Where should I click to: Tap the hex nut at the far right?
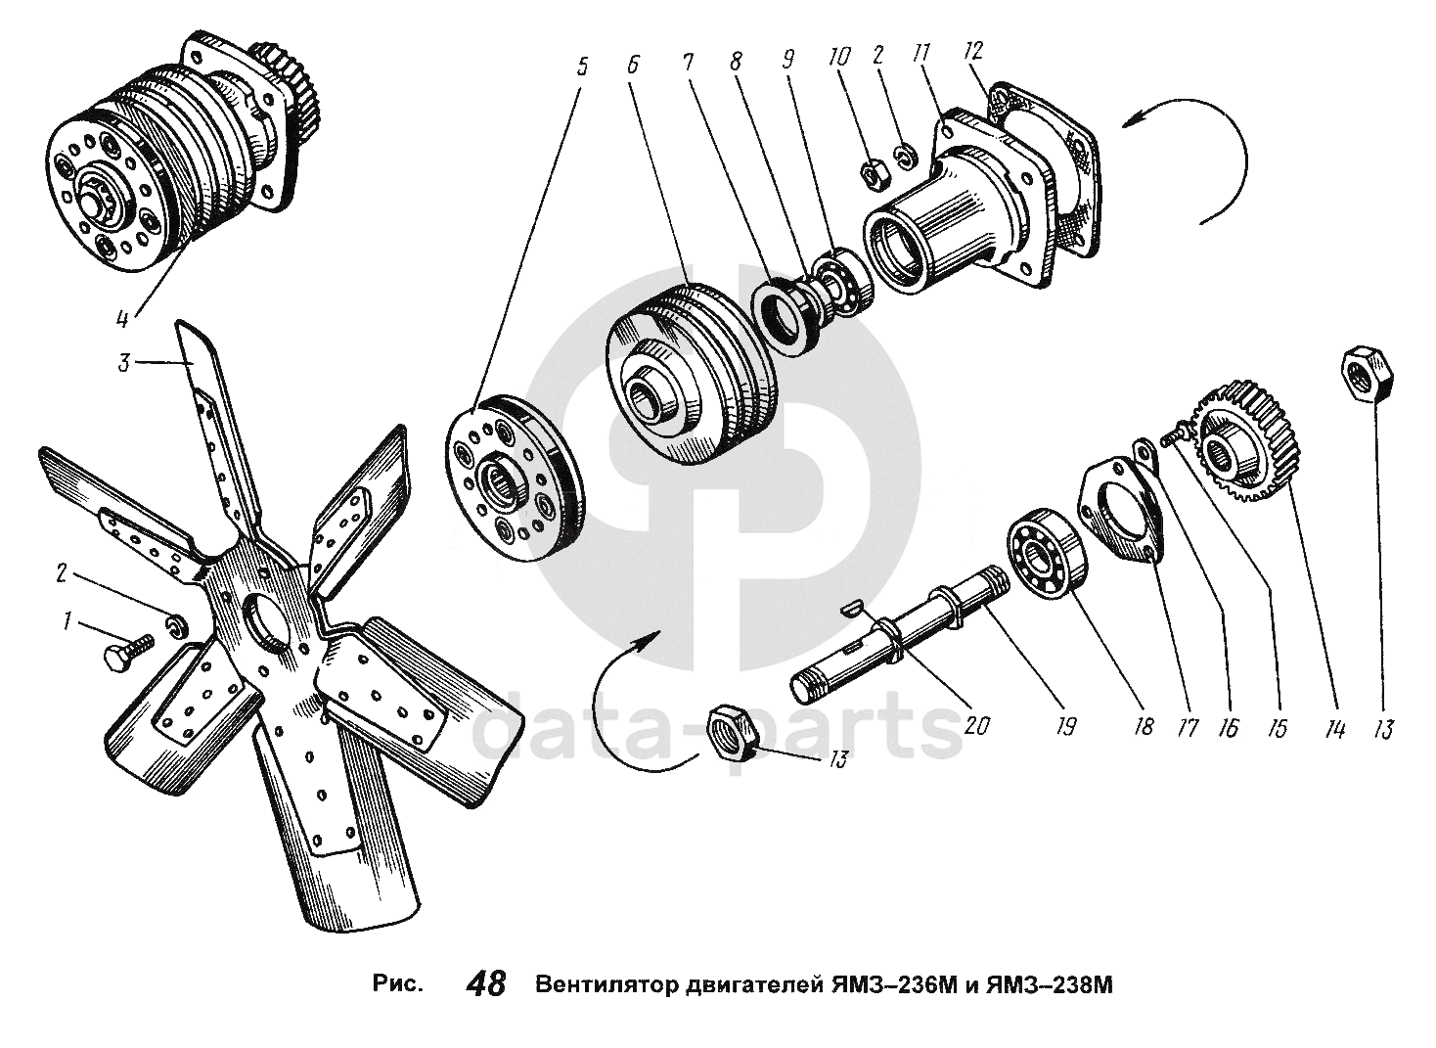pyautogui.click(x=1368, y=373)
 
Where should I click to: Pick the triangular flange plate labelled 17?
pyautogui.click(x=1117, y=510)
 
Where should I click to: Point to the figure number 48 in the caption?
pyautogui.click(x=486, y=982)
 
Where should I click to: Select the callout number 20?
pyautogui.click(x=976, y=725)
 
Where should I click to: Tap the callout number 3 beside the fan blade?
pyautogui.click(x=123, y=364)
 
